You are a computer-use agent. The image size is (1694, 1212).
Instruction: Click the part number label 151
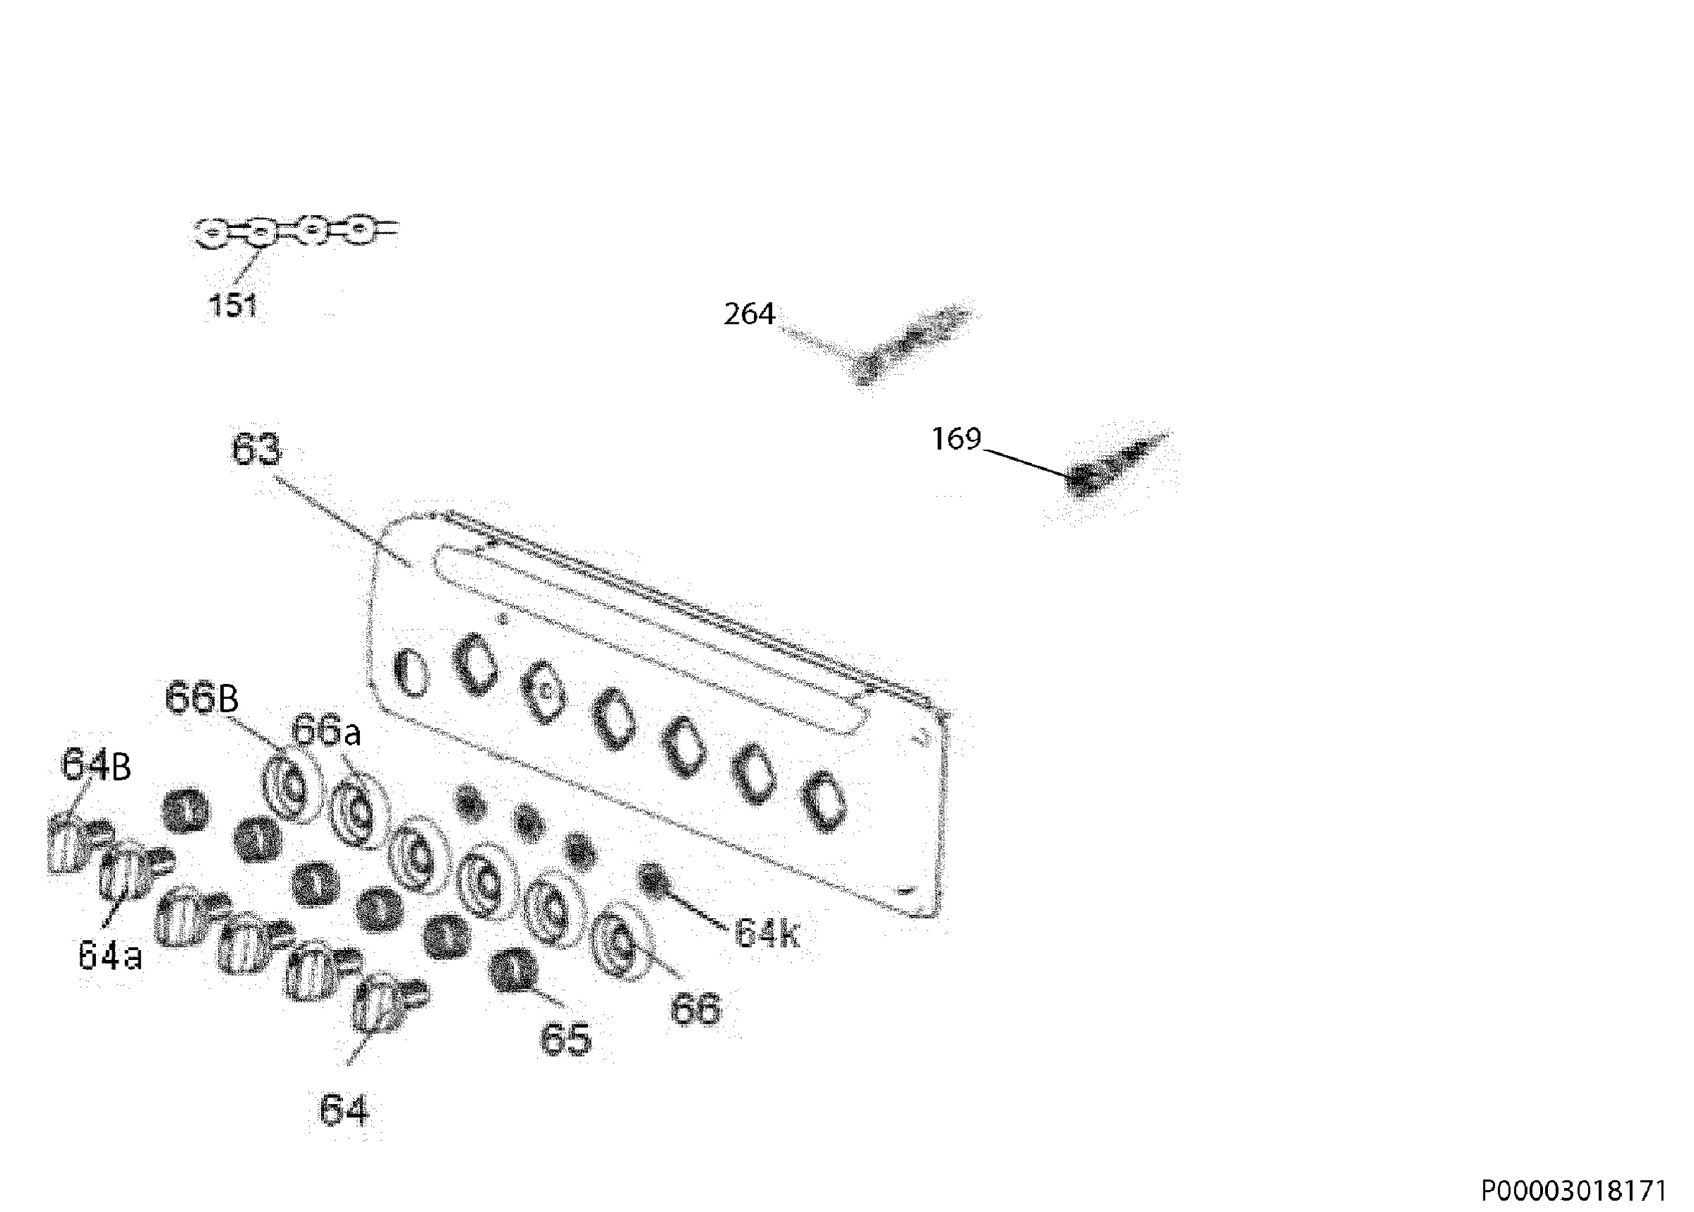[233, 305]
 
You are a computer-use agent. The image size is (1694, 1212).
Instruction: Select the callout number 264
[749, 314]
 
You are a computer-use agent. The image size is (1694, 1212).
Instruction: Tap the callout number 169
[956, 439]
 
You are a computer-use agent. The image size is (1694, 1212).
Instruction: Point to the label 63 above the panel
[256, 448]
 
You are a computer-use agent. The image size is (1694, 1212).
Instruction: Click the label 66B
[201, 699]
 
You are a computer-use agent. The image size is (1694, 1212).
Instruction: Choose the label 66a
[326, 731]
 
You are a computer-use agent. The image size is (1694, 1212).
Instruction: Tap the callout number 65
[565, 1039]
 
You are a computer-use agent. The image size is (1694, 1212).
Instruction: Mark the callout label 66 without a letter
[695, 1008]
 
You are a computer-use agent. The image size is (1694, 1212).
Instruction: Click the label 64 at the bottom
[344, 1110]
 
